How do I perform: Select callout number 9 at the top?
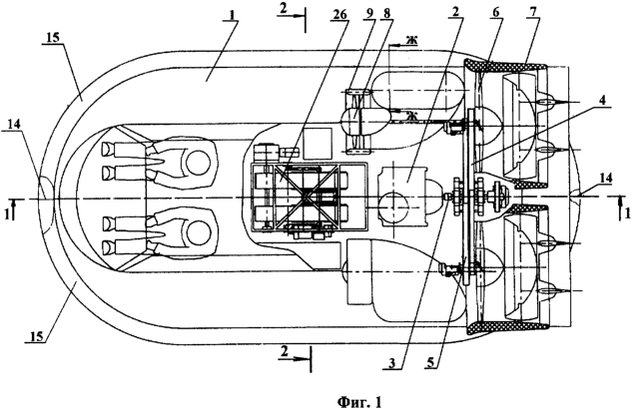point(372,14)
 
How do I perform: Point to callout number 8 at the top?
point(393,14)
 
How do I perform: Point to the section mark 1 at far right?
point(626,212)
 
